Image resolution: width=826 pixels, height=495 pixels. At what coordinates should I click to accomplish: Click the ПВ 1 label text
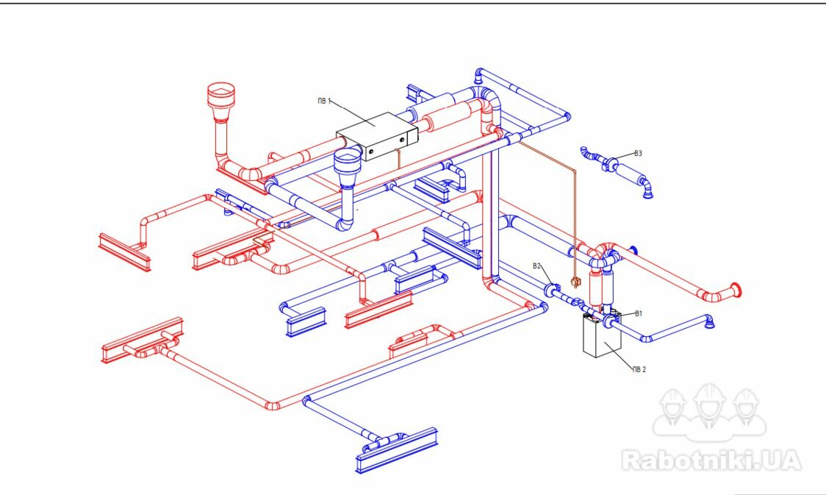pos(324,101)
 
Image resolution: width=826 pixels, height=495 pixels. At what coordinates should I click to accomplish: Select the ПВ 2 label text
pos(639,369)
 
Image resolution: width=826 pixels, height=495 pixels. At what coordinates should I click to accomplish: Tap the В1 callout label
pos(639,313)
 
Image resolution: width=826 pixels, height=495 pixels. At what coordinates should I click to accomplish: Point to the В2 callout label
pos(536,266)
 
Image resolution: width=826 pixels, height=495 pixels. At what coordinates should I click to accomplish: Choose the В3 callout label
pos(638,154)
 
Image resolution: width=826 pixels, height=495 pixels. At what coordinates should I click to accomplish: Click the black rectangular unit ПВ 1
pos(377,136)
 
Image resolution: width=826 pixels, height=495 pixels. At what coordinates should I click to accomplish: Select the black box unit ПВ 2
pos(602,335)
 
